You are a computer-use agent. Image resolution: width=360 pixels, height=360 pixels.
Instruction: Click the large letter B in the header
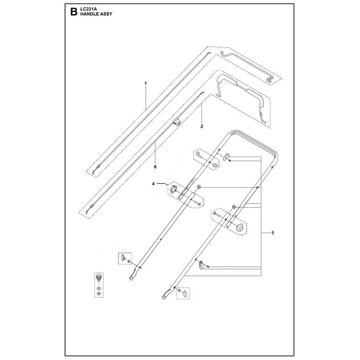tap(74, 12)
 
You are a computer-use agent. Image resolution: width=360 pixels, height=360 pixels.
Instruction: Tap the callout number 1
tap(145, 83)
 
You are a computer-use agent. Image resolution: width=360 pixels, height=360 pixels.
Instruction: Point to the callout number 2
tap(202, 126)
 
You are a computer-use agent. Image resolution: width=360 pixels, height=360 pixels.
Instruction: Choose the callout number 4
tap(153, 184)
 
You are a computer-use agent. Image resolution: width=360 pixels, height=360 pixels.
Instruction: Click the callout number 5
tap(273, 233)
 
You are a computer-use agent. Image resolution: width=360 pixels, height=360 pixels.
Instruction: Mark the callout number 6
tap(155, 166)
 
